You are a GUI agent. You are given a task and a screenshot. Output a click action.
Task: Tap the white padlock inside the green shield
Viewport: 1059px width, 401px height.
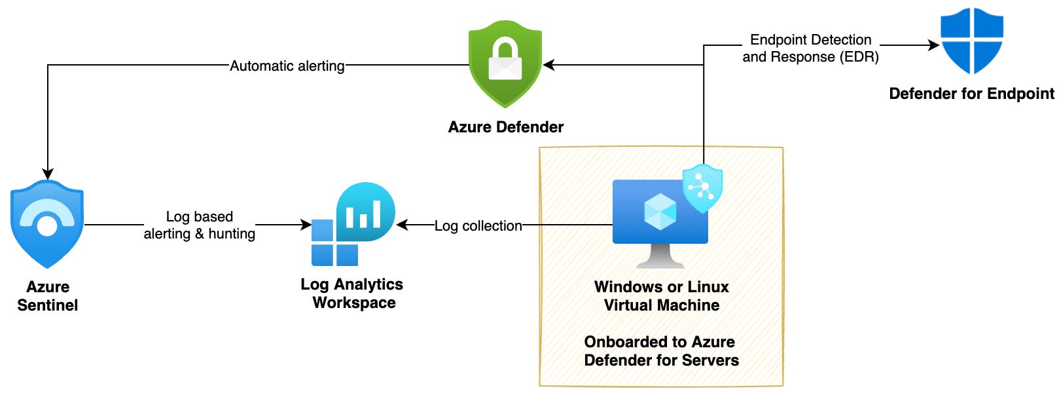(505, 60)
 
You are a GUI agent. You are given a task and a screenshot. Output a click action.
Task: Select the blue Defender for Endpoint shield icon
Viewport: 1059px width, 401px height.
(971, 41)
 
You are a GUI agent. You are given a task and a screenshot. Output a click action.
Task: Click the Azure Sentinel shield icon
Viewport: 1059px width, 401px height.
(47, 224)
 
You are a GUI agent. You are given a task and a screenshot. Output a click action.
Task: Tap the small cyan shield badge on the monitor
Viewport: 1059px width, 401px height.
(702, 188)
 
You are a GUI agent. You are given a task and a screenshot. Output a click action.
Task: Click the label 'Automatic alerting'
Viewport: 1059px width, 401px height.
(287, 66)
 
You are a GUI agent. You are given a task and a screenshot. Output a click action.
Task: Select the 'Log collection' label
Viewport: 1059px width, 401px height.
(478, 225)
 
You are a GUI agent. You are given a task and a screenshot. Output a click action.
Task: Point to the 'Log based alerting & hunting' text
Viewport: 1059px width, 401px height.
(199, 225)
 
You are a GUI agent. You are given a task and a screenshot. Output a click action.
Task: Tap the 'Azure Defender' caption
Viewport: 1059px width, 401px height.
(505, 127)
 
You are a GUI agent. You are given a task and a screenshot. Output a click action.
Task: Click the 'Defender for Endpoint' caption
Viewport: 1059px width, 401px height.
(971, 94)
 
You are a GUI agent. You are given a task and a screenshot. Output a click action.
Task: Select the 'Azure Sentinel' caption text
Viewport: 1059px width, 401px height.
(47, 296)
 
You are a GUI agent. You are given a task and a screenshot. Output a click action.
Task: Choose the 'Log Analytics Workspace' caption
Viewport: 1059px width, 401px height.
(352, 293)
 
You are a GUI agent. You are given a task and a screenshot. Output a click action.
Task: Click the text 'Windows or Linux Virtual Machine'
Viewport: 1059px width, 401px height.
(661, 296)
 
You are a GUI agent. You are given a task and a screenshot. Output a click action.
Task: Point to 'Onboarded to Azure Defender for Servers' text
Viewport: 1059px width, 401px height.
(661, 351)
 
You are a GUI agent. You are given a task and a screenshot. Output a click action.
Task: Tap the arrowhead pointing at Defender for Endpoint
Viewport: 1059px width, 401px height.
(934, 45)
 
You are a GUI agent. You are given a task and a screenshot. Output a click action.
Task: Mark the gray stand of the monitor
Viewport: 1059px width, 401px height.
(660, 257)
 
